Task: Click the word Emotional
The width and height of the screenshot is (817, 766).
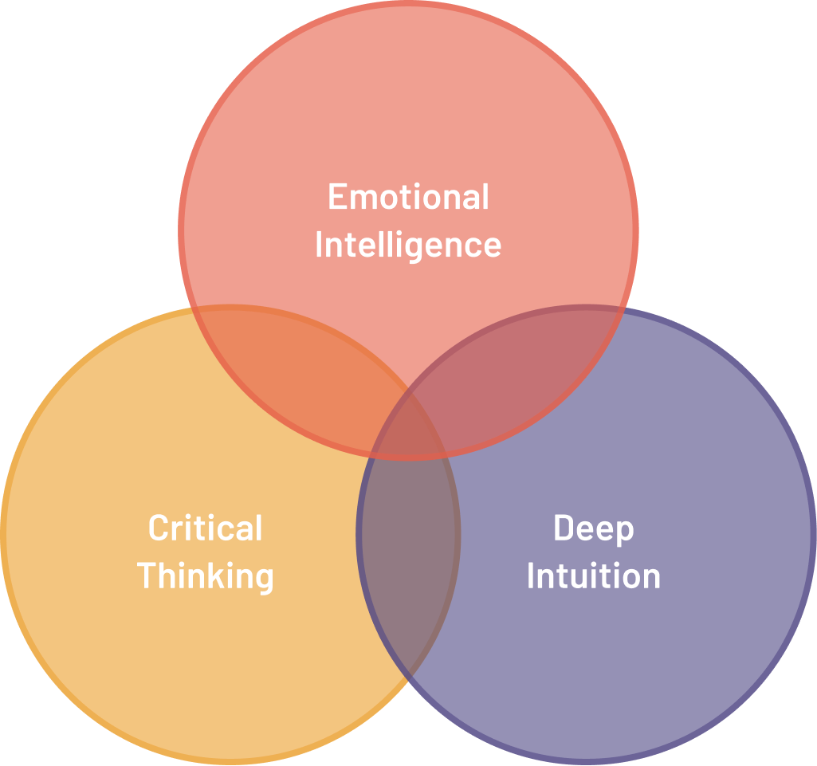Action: click(x=408, y=197)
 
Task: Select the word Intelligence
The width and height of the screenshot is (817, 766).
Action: click(x=408, y=245)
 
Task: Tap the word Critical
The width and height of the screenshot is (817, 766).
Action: click(x=205, y=528)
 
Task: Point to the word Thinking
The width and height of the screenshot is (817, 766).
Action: click(x=206, y=576)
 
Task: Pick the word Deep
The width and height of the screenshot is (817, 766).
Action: click(x=593, y=528)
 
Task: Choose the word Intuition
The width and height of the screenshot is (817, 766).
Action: click(x=593, y=576)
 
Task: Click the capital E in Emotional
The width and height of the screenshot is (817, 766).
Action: click(x=338, y=197)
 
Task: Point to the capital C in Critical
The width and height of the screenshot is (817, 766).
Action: click(x=159, y=528)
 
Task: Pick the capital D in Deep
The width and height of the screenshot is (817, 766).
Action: click(x=564, y=528)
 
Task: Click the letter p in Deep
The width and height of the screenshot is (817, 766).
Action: click(x=625, y=532)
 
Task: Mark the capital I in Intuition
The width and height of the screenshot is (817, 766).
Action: click(x=531, y=576)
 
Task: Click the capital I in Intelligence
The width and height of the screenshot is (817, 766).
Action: click(x=320, y=245)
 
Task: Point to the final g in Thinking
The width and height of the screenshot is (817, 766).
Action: click(x=264, y=580)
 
